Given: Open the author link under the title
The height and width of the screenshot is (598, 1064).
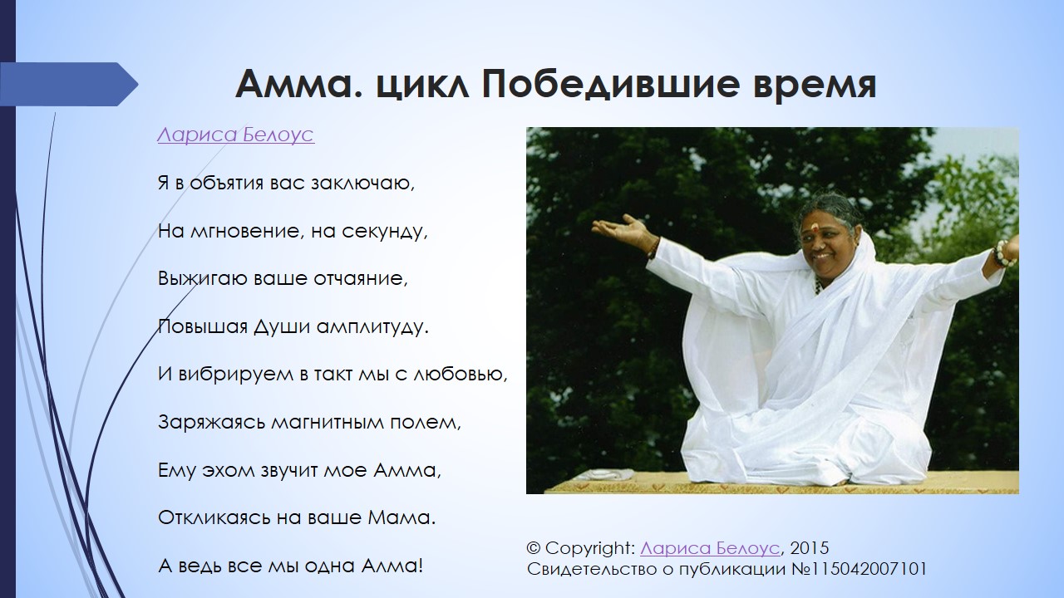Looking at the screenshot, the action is [235, 135].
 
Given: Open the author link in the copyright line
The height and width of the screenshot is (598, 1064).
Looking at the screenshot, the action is [710, 547].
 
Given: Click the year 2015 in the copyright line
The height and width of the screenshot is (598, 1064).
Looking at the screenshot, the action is [810, 547].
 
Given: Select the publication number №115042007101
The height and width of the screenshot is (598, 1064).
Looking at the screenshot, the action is [859, 569].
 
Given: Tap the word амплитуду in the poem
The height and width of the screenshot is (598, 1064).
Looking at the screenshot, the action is [372, 327].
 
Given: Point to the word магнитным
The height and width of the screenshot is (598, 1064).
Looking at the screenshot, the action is [328, 422].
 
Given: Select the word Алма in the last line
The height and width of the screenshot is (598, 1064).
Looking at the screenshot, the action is [392, 566].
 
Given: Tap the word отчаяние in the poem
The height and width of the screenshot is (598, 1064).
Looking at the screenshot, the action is [361, 278].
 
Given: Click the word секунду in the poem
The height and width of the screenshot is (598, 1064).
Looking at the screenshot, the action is [385, 232].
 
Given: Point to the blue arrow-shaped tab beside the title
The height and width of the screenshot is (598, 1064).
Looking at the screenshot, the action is [69, 84].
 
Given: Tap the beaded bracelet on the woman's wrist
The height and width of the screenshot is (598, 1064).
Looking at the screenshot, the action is [1002, 253].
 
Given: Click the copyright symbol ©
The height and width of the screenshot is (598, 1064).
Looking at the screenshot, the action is [534, 548].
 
